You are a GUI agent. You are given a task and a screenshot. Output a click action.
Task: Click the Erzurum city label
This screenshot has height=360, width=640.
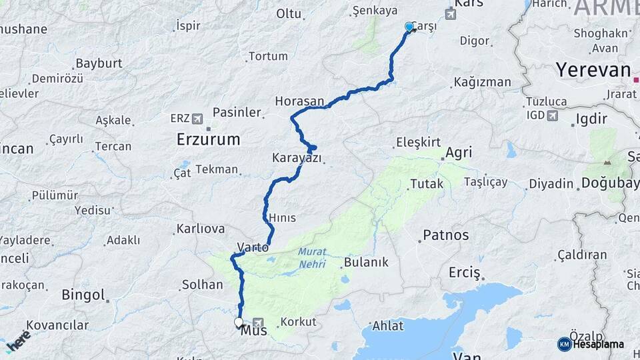click(208, 139)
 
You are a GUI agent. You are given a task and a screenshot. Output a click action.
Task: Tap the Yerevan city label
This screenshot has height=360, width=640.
click(593, 70)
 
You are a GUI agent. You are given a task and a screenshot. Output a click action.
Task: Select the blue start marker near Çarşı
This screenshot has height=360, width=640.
click(409, 27)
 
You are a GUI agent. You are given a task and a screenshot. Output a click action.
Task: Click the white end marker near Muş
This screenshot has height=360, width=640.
click(239, 323)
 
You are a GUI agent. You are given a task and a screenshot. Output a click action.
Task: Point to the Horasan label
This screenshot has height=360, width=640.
click(299, 101)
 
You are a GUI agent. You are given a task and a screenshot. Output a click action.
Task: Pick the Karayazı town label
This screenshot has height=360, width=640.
click(297, 158)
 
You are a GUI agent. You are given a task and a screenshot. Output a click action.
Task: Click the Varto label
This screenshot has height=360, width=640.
click(253, 247)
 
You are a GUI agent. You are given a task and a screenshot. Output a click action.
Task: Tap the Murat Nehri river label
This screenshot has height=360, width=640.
click(311, 257)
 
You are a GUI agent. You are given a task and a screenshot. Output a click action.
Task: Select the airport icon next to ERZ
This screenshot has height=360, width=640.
click(197, 118)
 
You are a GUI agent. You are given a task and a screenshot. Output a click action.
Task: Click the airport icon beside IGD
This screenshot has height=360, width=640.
click(552, 116)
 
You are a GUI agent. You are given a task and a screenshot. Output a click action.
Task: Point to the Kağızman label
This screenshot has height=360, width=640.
click(482, 82)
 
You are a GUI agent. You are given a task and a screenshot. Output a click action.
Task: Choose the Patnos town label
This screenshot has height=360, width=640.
click(445, 235)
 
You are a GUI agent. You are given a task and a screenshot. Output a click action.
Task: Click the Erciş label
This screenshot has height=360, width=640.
click(464, 273)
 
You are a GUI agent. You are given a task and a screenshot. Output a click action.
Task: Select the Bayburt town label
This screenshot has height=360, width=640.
click(99, 63)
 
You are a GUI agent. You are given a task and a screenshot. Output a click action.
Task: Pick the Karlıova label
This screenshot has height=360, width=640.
click(200, 229)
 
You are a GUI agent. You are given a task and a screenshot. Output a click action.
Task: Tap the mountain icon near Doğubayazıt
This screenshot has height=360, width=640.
click(607, 162)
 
